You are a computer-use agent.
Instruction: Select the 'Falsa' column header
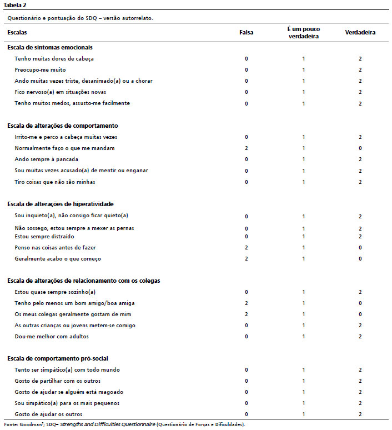click(246, 33)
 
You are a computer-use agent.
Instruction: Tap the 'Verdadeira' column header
click(360, 33)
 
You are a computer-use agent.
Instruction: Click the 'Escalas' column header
click(17, 33)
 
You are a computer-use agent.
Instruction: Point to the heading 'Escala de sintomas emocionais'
click(50, 47)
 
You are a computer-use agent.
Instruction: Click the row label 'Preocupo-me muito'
click(41, 70)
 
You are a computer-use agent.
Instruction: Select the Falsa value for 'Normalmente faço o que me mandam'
click(246, 148)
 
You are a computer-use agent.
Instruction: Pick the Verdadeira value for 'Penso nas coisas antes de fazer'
click(360, 248)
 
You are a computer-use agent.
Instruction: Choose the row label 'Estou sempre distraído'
click(44, 237)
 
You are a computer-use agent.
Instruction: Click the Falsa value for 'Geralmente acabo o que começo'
click(246, 259)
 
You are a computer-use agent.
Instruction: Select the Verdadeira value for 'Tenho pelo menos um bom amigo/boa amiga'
click(360, 303)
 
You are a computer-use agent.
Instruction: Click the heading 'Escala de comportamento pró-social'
click(57, 358)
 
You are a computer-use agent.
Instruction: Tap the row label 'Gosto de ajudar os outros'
click(49, 414)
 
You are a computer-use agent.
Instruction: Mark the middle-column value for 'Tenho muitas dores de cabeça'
click(304, 58)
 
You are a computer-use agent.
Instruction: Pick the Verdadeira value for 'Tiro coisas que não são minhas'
click(360, 182)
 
